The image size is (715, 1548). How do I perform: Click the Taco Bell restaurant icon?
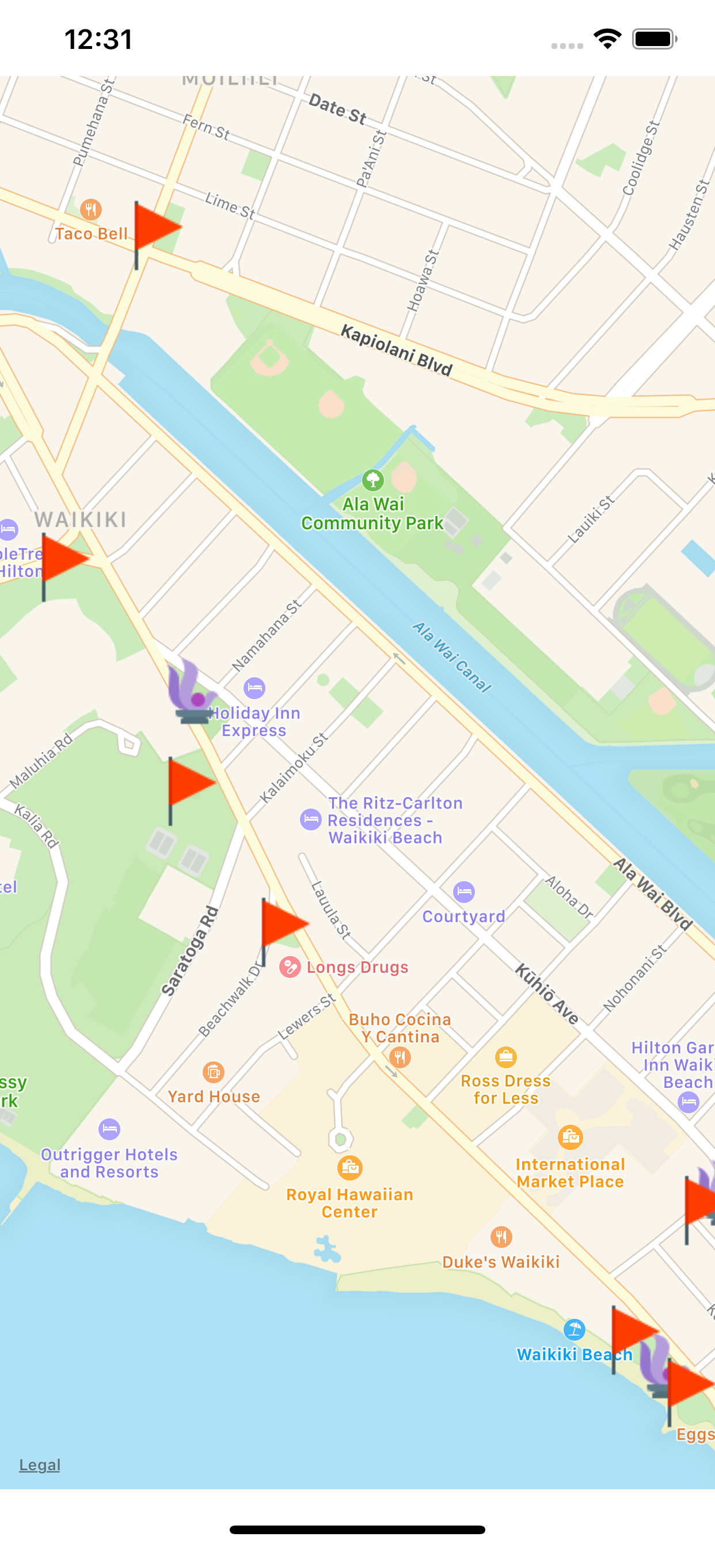tap(91, 209)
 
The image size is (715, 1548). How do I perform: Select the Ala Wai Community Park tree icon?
tap(372, 480)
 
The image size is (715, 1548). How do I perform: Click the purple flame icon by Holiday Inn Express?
tap(191, 693)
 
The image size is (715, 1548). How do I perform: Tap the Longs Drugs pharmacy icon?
tap(290, 967)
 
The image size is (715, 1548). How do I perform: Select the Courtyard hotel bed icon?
tap(464, 892)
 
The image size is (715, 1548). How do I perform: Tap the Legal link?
tap(40, 1464)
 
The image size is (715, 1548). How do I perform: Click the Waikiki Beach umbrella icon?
tap(575, 1329)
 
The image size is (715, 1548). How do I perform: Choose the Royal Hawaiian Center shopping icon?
tap(349, 1167)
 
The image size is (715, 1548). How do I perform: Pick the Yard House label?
tap(214, 1096)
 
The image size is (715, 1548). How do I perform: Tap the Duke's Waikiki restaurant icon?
tap(501, 1236)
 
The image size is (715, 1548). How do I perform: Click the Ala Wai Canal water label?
tap(451, 658)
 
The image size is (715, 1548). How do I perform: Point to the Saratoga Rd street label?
tap(190, 951)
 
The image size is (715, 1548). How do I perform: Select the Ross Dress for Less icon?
tap(506, 1056)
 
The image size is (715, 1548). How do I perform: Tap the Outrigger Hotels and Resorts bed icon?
tap(109, 1129)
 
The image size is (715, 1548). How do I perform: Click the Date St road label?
tap(337, 109)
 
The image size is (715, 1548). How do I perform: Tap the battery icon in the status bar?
tap(654, 40)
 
